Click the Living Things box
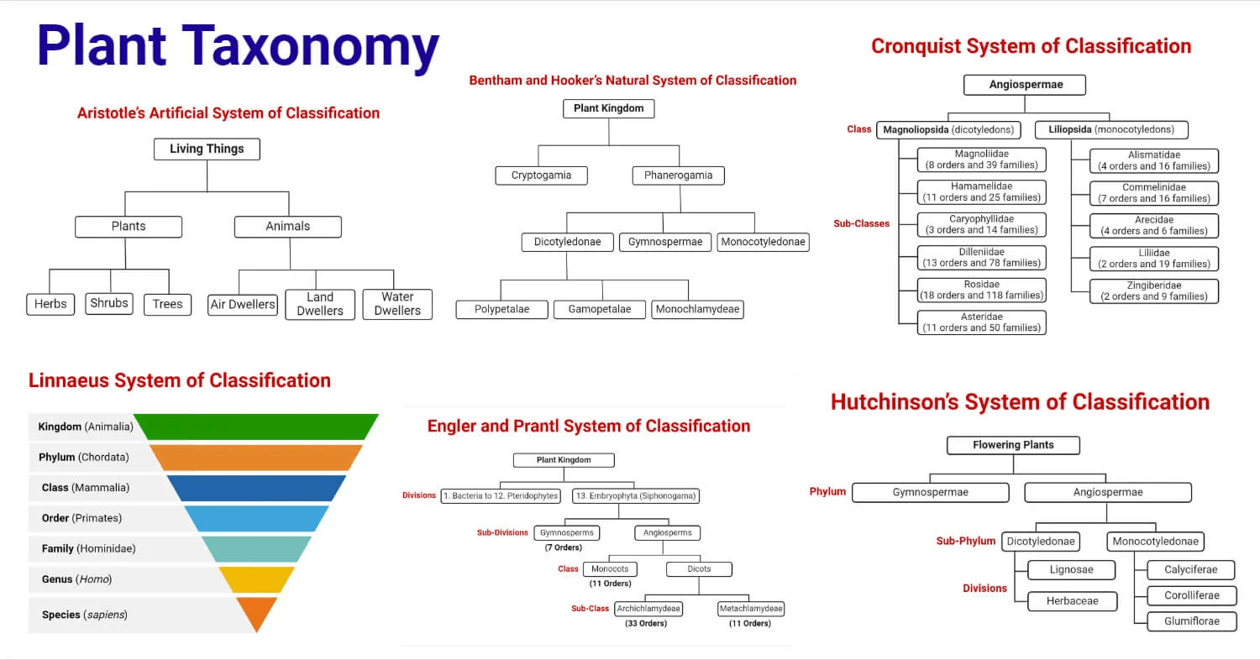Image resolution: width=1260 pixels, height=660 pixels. coord(207,149)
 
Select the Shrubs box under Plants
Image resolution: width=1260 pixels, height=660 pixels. coord(109,303)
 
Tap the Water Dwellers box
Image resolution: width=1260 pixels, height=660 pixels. coord(397,304)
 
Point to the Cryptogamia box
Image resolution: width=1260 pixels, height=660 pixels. coord(541,175)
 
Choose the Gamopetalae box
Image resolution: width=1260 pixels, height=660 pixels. coord(599,309)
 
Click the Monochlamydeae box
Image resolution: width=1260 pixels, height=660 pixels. coord(696,309)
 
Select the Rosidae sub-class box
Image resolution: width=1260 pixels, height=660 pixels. coord(981,290)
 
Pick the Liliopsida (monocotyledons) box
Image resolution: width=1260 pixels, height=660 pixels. coord(1110,130)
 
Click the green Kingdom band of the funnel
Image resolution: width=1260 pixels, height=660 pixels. coord(257,427)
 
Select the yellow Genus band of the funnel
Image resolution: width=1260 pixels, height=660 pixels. coord(256,579)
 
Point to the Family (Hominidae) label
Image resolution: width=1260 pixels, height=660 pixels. coord(88,549)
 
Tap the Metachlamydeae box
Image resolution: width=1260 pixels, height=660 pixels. coord(750,609)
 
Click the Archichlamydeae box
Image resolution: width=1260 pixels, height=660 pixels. coord(648,609)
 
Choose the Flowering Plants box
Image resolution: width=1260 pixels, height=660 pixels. coord(1013,445)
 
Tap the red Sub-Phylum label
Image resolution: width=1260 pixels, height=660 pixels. coord(966,542)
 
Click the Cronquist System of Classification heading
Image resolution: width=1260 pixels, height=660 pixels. coord(1031,46)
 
